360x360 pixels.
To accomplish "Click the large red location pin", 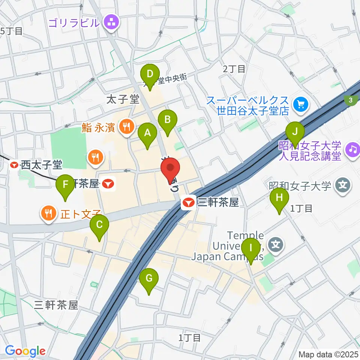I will (x=170, y=170).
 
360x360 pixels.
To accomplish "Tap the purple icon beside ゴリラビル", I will (x=111, y=22).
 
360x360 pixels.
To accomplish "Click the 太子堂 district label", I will (x=123, y=99).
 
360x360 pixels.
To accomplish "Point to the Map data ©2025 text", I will (x=328, y=354).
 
